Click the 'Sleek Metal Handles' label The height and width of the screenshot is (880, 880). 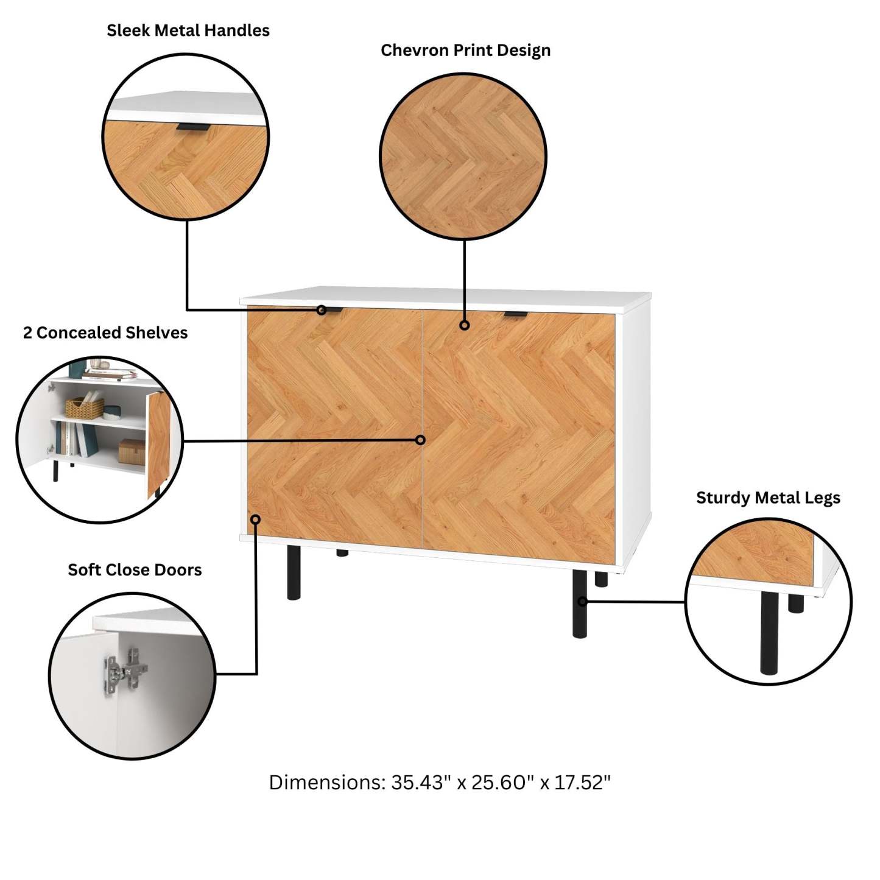[188, 30]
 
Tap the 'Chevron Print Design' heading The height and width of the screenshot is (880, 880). [465, 50]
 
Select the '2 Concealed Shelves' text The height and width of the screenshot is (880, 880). [105, 333]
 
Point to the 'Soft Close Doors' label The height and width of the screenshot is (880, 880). [135, 569]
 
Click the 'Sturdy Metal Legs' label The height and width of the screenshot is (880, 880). [768, 498]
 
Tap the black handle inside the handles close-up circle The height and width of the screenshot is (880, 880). [194, 127]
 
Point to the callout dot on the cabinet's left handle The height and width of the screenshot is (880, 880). [322, 310]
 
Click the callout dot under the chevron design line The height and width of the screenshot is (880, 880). [465, 325]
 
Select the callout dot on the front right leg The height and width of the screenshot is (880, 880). [582, 602]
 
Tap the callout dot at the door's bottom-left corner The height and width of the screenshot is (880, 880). [256, 519]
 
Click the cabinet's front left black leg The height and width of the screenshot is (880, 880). [294, 572]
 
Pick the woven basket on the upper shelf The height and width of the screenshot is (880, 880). [85, 407]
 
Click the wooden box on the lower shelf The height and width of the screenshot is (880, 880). [132, 452]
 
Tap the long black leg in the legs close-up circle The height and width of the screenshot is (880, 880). [769, 633]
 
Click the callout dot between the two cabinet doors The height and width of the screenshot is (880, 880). [421, 440]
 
